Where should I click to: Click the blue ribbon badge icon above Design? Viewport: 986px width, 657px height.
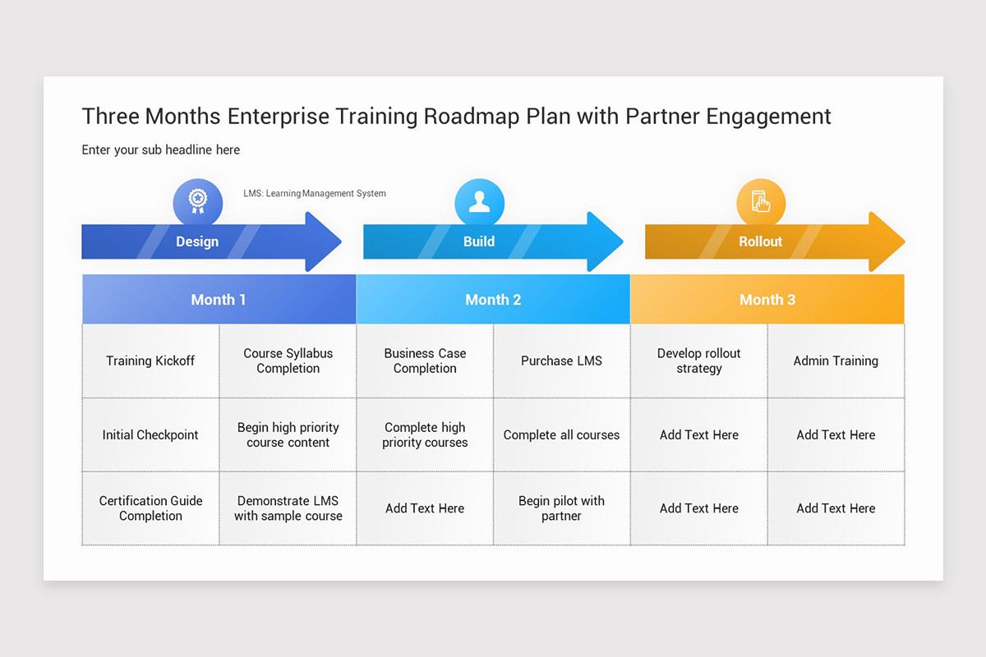tap(197, 202)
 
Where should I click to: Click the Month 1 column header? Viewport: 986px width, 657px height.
tap(219, 300)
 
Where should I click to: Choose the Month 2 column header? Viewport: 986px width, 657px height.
tap(493, 300)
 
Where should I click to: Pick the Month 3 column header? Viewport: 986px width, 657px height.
tap(767, 300)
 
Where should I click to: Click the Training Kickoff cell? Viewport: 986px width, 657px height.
tap(150, 361)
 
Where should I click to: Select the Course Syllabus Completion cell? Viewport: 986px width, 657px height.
tap(288, 361)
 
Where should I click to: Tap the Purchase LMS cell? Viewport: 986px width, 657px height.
tap(561, 361)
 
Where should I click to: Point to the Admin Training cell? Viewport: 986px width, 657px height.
tap(836, 361)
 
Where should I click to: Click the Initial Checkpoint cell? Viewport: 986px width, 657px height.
tap(150, 434)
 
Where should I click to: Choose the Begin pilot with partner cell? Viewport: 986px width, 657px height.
tap(561, 508)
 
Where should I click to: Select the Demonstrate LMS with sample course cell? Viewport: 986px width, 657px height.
tap(288, 508)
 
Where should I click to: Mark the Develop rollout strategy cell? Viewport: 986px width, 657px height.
tap(698, 361)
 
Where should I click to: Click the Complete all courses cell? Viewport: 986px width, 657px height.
tap(561, 434)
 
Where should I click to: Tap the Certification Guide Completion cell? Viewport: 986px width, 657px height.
tap(150, 508)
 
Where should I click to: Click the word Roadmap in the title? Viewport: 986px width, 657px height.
tap(472, 117)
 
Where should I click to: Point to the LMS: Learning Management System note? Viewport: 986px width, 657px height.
tap(315, 194)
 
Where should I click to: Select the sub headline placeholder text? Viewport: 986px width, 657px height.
tap(161, 149)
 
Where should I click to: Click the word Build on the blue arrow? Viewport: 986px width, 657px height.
tap(479, 241)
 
